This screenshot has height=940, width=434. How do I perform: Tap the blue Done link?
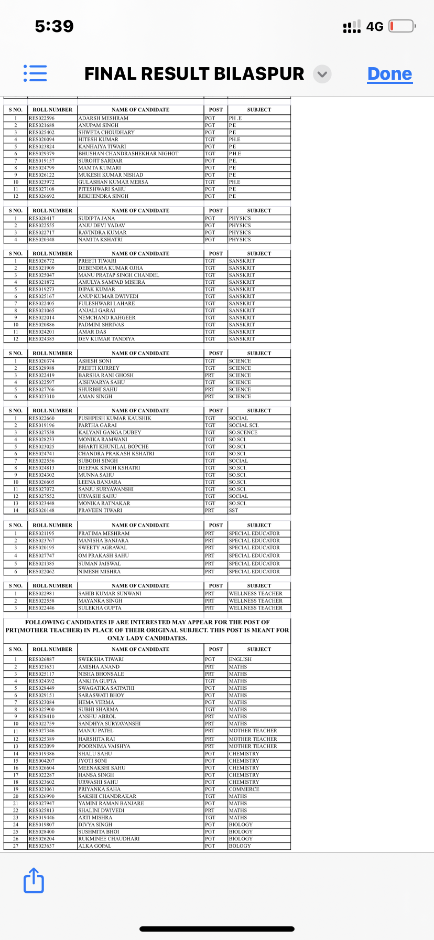pos(389,74)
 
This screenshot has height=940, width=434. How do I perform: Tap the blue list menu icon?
pos(35,73)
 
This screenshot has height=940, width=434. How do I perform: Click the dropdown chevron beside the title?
pos(322,74)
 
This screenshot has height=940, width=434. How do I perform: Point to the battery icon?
pos(402,26)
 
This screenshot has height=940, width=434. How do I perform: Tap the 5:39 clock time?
pos(54,26)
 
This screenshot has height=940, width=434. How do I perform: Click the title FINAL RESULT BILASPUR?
pos(194,74)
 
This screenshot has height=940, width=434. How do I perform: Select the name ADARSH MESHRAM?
pos(103,119)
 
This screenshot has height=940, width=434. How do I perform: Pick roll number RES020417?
pos(41,218)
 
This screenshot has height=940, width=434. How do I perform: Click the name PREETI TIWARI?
pos(97,261)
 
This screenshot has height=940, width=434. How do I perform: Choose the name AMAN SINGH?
pos(95,397)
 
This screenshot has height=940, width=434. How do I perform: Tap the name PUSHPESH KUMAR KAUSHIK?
pos(115,419)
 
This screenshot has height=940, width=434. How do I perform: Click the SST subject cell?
pos(233,510)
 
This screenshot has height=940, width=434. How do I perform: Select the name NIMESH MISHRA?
pos(100,572)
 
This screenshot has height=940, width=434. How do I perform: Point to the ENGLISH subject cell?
pos(240,659)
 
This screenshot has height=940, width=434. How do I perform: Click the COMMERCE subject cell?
pos(244,789)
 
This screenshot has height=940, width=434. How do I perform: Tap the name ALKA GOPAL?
pos(95,846)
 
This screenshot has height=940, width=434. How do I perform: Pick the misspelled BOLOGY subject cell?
pos(240,846)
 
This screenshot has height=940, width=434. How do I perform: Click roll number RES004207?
pos(41,761)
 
